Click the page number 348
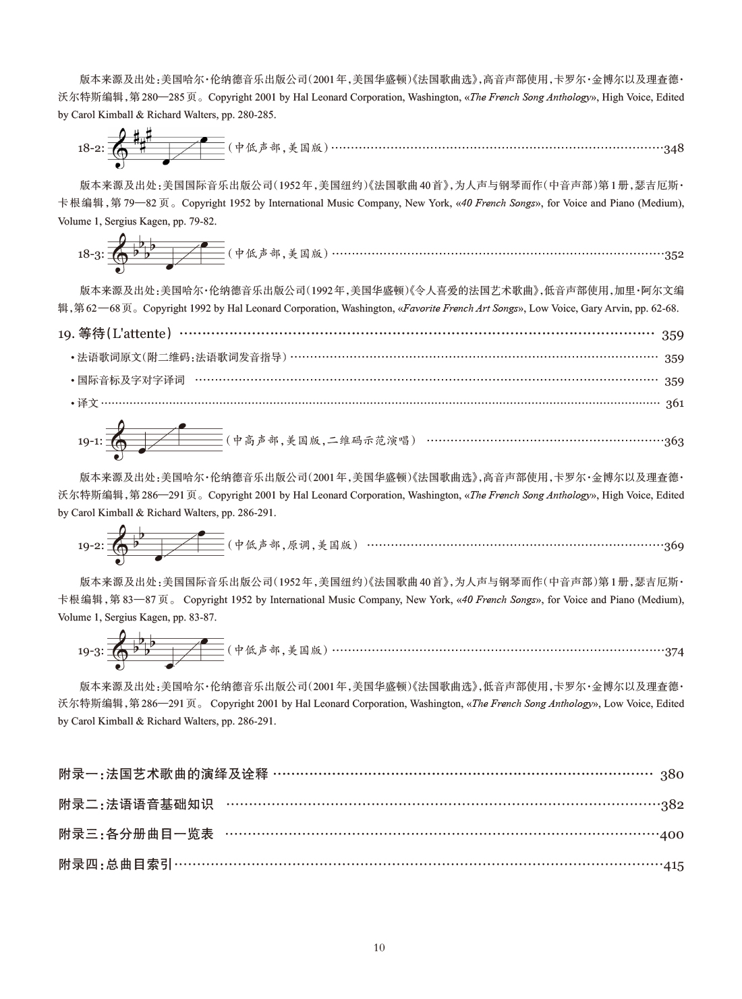[x=673, y=149]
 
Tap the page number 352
[x=673, y=255]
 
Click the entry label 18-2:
[x=91, y=149]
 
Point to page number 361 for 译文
[x=674, y=404]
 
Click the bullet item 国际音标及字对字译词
[x=130, y=381]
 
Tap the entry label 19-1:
[x=91, y=442]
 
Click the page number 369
[x=673, y=546]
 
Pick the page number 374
[x=673, y=652]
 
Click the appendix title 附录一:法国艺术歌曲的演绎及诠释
[x=164, y=774]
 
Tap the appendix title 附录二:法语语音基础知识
[x=136, y=805]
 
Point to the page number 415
[x=673, y=866]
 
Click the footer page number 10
[x=378, y=948]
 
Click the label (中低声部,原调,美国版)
[x=293, y=545]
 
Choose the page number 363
[x=673, y=442]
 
